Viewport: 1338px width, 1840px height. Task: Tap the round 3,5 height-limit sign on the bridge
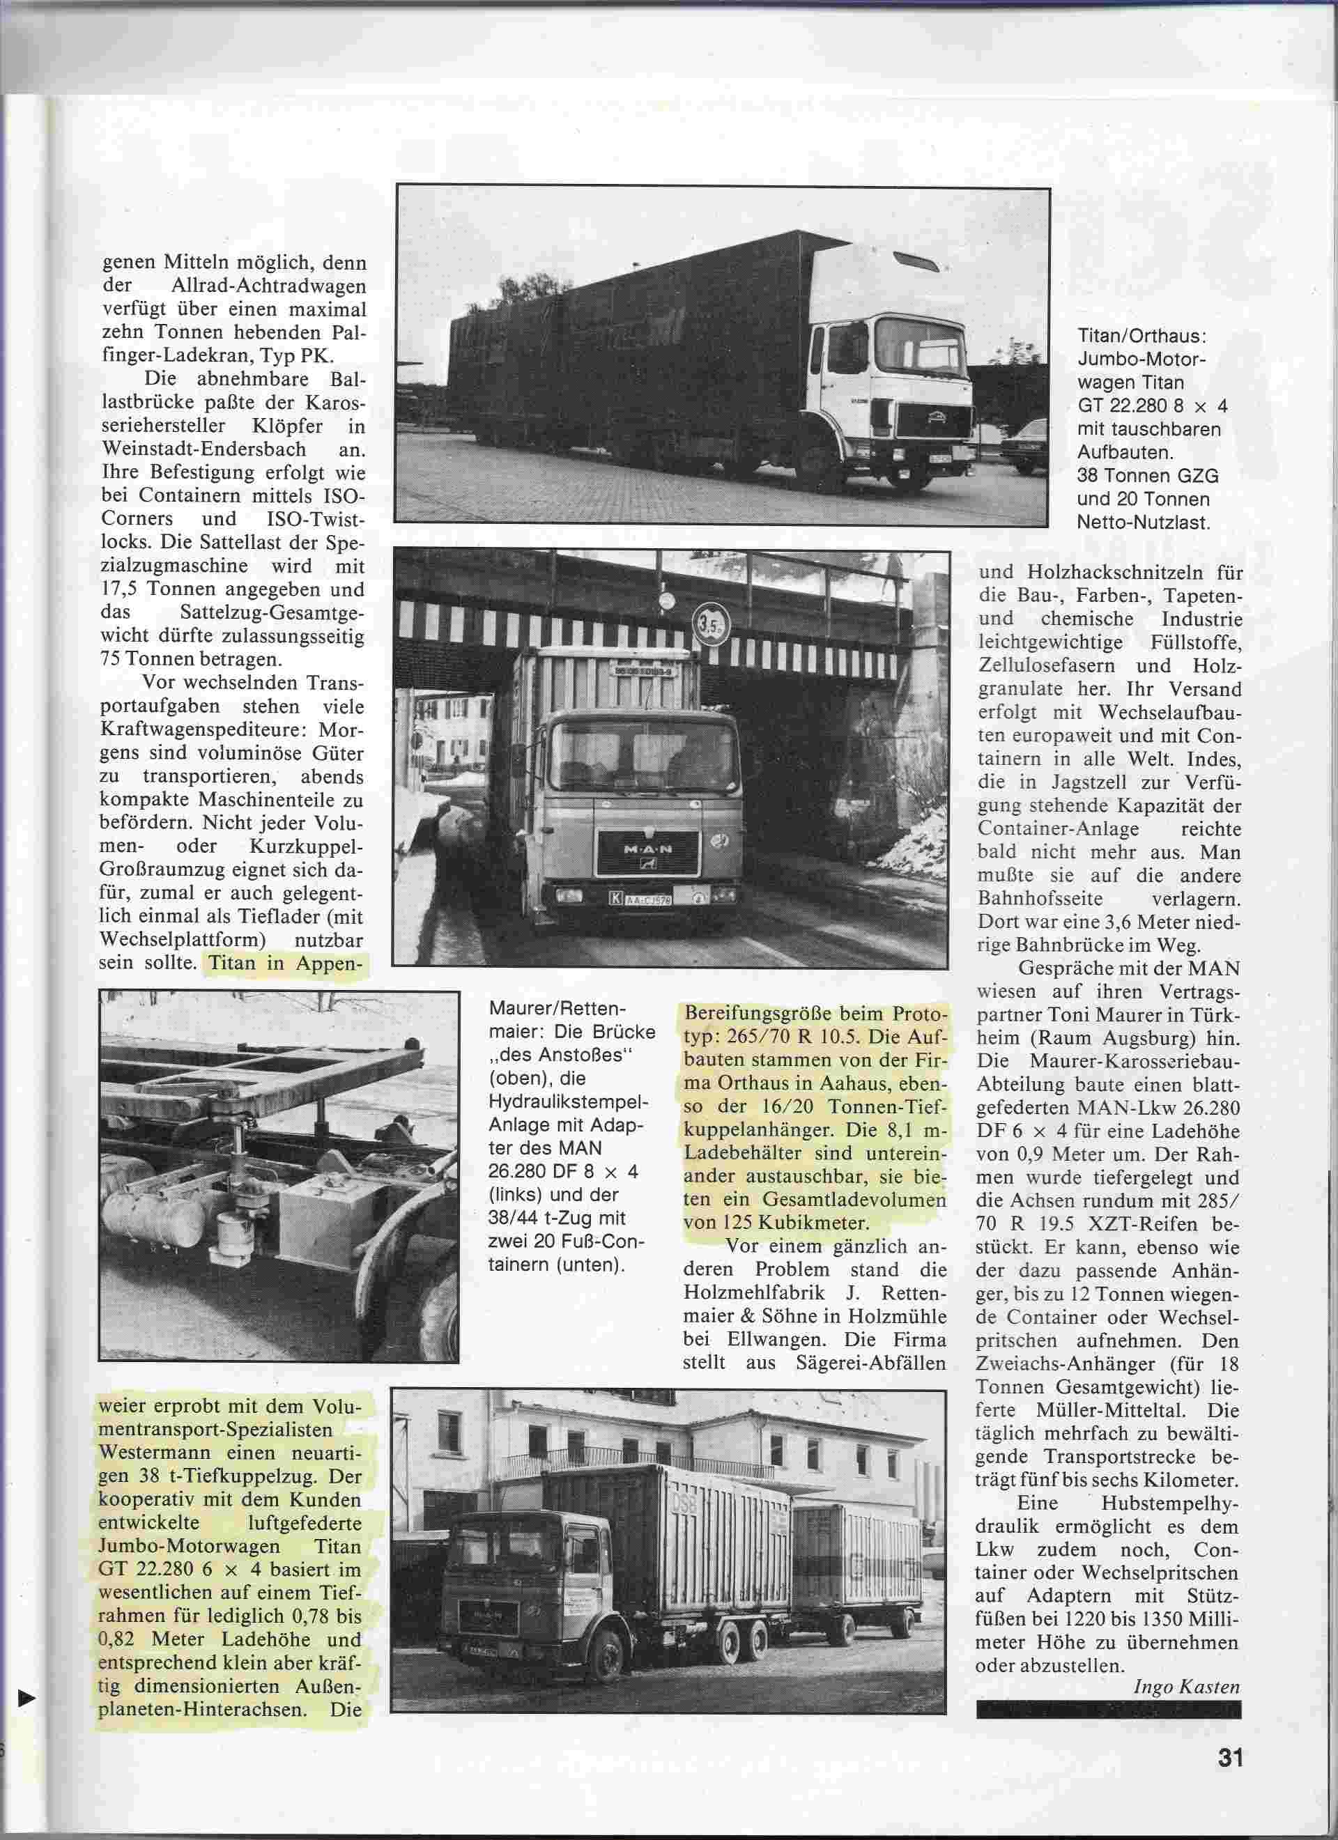[x=711, y=626]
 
